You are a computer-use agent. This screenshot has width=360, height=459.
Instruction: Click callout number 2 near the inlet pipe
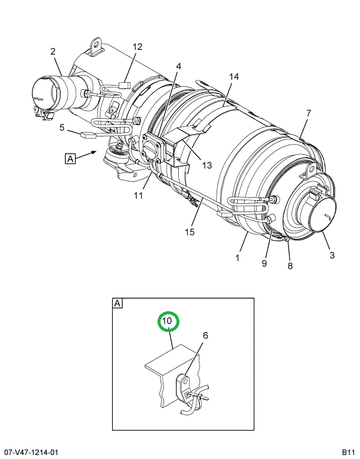click(x=53, y=51)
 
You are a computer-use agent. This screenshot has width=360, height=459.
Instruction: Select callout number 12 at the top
click(x=138, y=47)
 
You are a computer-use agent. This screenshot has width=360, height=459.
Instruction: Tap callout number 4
click(x=178, y=66)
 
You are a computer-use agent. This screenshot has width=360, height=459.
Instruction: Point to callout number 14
click(x=234, y=77)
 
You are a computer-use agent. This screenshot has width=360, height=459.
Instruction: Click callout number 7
click(x=309, y=113)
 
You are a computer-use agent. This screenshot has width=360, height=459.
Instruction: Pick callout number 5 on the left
click(x=62, y=128)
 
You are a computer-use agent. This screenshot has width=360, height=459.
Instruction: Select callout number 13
click(x=207, y=165)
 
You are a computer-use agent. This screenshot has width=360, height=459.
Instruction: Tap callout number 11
click(x=138, y=196)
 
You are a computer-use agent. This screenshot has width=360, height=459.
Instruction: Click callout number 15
click(x=189, y=232)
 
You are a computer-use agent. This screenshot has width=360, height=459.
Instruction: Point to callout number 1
click(x=237, y=258)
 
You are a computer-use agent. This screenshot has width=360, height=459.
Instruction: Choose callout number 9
click(x=264, y=263)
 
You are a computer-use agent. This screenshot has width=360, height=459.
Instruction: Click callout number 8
click(x=290, y=266)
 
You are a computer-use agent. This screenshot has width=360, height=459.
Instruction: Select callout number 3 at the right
click(x=332, y=255)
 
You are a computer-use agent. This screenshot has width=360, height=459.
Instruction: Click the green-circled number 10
click(x=168, y=321)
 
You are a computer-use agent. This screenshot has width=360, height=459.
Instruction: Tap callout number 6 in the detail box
click(x=205, y=336)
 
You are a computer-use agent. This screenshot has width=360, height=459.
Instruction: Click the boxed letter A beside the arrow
click(x=70, y=159)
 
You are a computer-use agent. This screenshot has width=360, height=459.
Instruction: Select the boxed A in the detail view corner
click(x=117, y=304)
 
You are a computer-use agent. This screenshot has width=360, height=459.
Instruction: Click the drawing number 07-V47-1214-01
click(x=29, y=453)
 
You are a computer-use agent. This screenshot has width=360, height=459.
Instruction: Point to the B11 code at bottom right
click(x=349, y=453)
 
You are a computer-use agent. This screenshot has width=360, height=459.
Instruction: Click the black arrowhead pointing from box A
click(x=94, y=152)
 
